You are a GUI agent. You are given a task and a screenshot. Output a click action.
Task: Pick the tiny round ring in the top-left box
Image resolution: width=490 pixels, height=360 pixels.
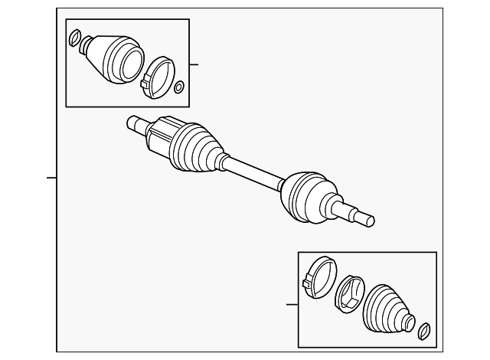click(179, 87)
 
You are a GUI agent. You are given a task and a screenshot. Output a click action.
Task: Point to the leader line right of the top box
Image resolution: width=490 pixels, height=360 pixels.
click(194, 64)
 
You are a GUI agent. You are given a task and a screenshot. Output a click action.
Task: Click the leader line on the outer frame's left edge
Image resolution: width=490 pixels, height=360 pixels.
click(51, 178)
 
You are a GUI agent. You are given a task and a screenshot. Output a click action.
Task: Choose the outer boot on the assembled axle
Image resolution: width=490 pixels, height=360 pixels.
click(306, 195)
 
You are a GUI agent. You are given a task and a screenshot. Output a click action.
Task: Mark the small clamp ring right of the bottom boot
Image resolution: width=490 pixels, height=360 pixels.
click(423, 331)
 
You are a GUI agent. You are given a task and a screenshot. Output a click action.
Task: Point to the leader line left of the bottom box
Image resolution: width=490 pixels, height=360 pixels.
click(292, 305)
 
